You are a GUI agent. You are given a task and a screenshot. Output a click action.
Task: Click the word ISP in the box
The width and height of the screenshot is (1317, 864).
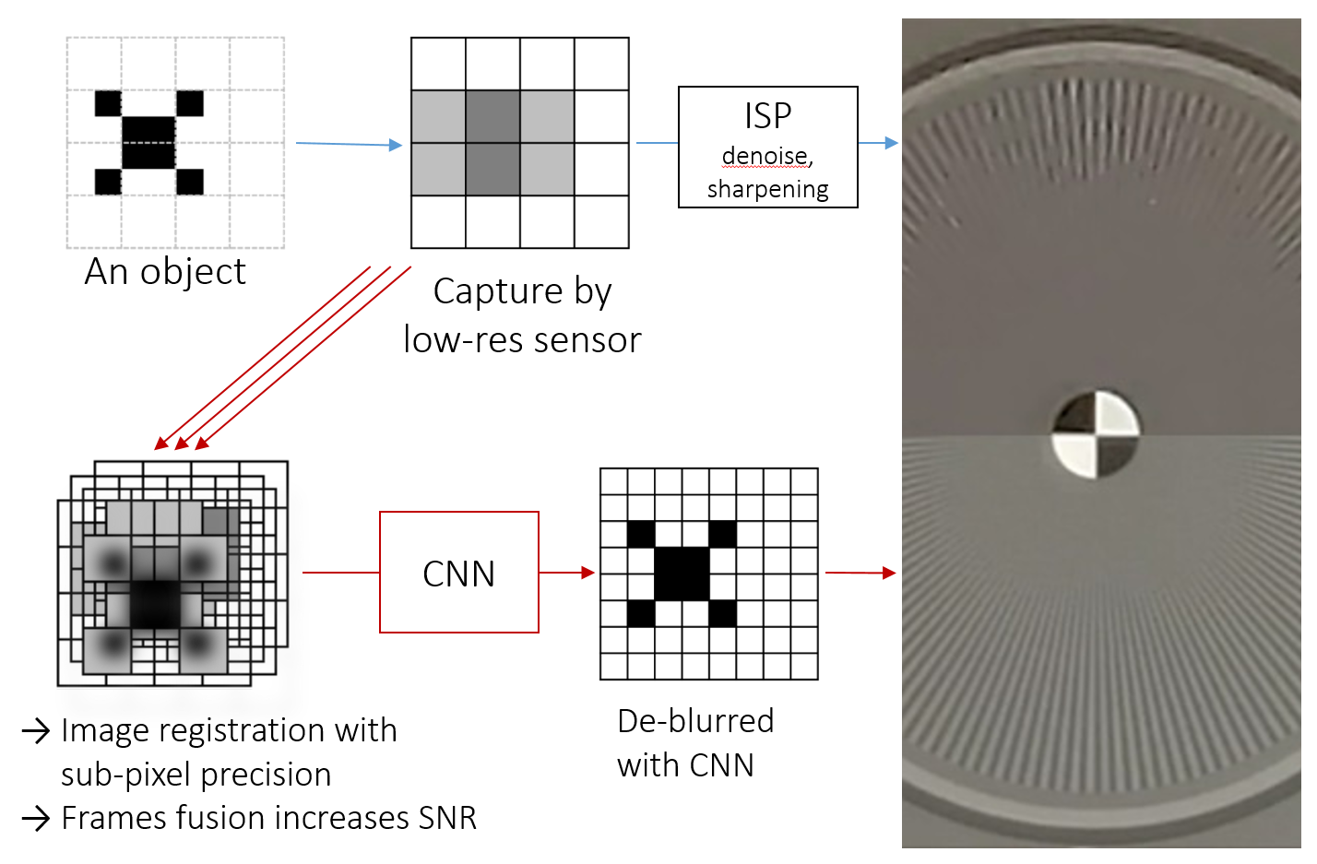tap(767, 116)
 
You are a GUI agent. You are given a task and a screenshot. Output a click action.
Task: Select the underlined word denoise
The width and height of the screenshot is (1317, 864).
tap(765, 156)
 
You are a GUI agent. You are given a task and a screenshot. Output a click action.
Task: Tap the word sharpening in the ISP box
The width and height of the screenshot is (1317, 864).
tap(767, 189)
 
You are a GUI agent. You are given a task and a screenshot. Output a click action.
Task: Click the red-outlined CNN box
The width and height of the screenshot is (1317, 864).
tap(458, 573)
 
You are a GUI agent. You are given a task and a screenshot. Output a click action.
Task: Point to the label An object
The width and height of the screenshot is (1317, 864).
tap(165, 272)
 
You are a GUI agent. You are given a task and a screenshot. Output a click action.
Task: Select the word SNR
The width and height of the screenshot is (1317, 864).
tap(447, 818)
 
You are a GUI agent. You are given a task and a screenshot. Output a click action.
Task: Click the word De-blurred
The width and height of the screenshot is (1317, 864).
tap(695, 721)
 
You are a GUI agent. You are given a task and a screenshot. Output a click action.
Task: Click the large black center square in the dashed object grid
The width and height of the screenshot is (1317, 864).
tap(148, 143)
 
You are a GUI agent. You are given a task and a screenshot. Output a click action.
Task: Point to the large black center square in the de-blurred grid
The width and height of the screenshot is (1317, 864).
tap(682, 574)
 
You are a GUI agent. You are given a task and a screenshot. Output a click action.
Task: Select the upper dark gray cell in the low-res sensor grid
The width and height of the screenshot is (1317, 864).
tap(492, 116)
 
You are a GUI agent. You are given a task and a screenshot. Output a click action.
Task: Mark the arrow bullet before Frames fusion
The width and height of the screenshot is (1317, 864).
tap(36, 818)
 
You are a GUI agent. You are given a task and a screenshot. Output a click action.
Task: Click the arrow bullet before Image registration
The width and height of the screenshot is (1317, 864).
tap(36, 731)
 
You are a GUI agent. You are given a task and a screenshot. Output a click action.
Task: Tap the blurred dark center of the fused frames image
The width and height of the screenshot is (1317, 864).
tap(154, 604)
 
